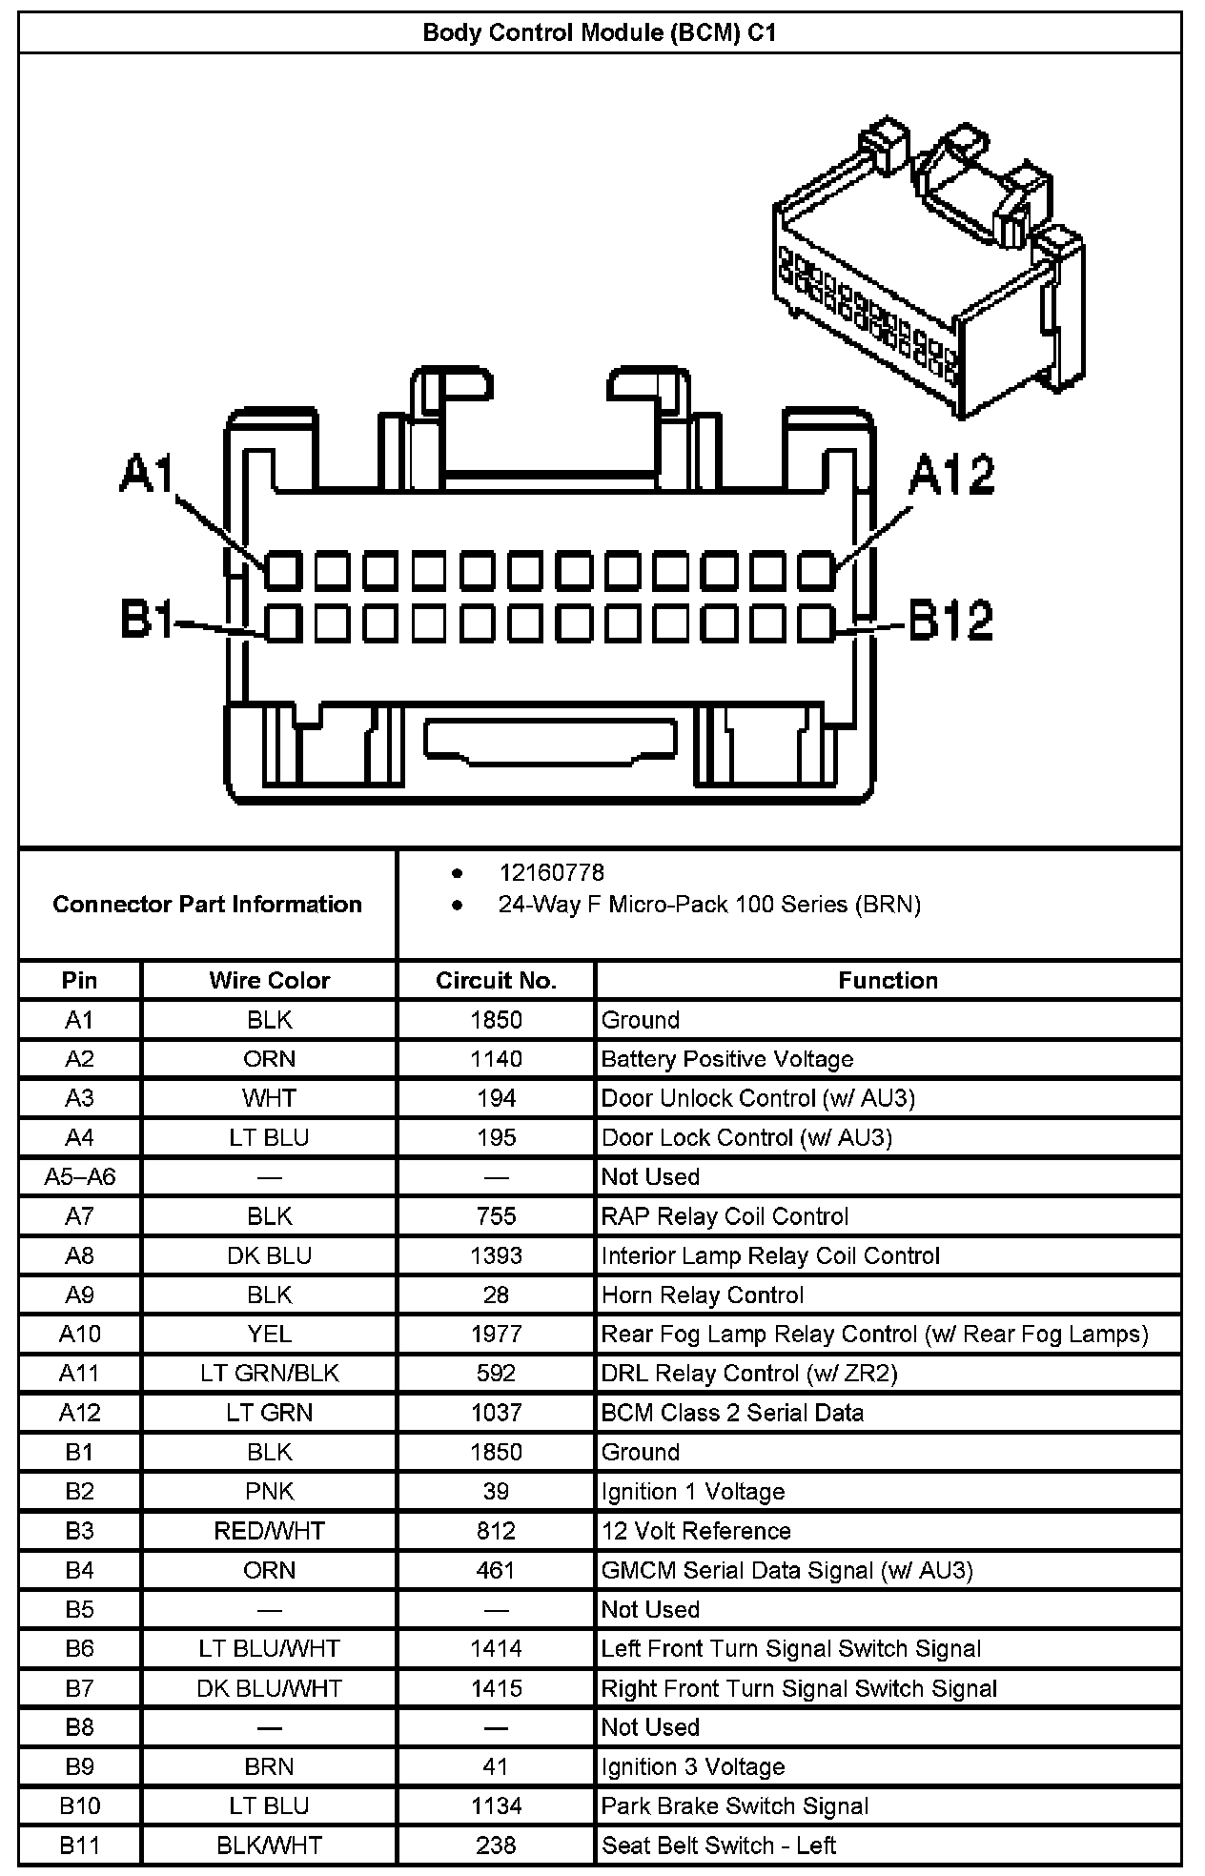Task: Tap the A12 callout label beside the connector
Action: (951, 474)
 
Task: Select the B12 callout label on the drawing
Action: (950, 620)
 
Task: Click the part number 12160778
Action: (551, 872)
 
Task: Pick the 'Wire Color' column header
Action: (270, 980)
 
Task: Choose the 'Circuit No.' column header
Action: (496, 980)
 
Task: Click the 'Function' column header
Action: (888, 980)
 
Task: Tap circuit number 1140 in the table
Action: (496, 1059)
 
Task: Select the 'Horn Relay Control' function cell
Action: (703, 1295)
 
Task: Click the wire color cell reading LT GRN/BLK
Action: (270, 1373)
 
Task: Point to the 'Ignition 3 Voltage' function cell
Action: (693, 1766)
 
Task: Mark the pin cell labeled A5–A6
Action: (80, 1176)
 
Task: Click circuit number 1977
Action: (496, 1334)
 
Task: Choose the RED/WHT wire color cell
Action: (270, 1531)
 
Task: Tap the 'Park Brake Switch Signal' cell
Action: (734, 1805)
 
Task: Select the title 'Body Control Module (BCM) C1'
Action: (600, 33)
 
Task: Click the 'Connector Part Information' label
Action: (207, 904)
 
